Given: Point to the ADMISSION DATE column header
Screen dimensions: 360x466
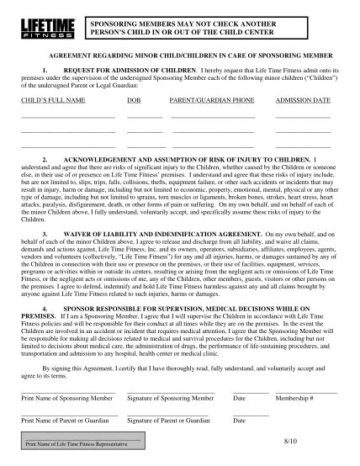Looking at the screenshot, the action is tap(301, 99).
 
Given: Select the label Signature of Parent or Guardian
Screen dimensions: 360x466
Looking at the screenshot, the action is tap(168, 419).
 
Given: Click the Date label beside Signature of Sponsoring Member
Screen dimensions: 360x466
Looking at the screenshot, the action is tap(239, 397).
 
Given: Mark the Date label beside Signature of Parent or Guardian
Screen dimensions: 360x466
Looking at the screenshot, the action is tap(239, 419).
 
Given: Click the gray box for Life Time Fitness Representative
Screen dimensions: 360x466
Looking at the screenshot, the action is tap(82, 442).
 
